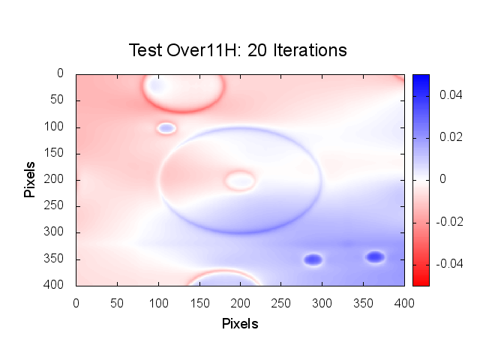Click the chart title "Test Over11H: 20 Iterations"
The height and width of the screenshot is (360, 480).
click(x=238, y=50)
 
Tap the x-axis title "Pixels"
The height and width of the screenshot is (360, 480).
click(x=240, y=324)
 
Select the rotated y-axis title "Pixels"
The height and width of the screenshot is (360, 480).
click(x=30, y=178)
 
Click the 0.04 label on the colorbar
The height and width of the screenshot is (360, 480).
click(x=448, y=95)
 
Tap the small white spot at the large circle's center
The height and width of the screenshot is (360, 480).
click(x=240, y=180)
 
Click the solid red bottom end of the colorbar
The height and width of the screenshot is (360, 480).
click(x=421, y=282)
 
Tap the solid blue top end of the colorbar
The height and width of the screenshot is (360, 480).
click(x=421, y=78)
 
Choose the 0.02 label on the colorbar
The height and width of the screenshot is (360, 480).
click(x=448, y=137)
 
